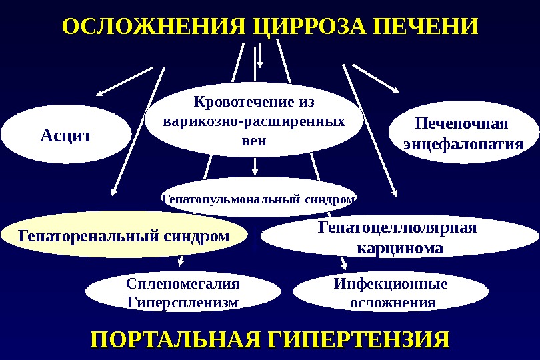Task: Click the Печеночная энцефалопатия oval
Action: [x=462, y=134]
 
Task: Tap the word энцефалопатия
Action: [x=462, y=145]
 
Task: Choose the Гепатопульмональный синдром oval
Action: [x=259, y=198]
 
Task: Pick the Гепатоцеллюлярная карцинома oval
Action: [x=397, y=239]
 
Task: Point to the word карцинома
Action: [x=397, y=249]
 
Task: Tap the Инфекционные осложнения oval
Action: [x=391, y=293]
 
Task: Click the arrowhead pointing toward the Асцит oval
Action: [x=101, y=93]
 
